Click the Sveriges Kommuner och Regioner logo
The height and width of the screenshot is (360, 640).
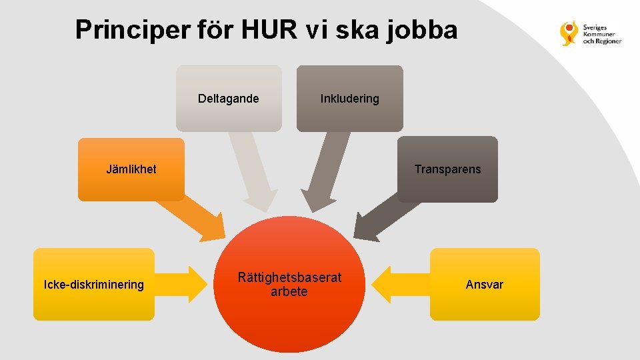point(591,33)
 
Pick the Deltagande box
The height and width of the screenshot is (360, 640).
point(229,98)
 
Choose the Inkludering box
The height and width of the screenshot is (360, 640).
point(349,98)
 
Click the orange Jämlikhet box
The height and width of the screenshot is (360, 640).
point(131,169)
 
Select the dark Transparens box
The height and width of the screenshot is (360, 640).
point(447,169)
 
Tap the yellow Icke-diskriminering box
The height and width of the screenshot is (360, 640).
point(94,285)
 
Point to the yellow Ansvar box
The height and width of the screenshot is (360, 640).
point(485,285)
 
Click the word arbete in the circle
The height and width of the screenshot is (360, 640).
point(289,292)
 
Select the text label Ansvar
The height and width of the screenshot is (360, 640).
point(485,285)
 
